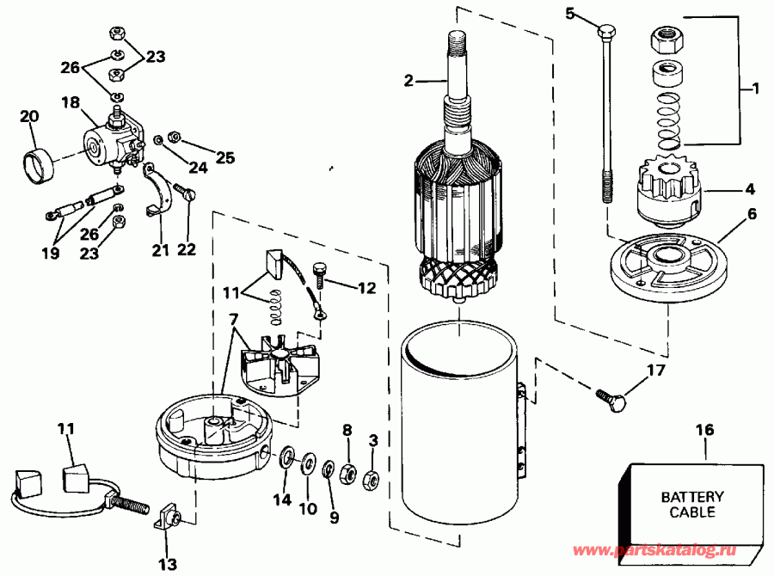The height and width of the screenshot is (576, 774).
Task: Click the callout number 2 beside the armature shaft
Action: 409,82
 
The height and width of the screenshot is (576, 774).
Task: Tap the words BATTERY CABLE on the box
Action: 692,505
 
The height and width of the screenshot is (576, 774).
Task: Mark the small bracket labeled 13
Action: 166,520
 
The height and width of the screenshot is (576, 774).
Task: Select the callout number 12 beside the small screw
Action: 366,289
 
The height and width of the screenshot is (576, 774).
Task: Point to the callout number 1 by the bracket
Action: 755,88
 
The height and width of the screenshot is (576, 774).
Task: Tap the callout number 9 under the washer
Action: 334,518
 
